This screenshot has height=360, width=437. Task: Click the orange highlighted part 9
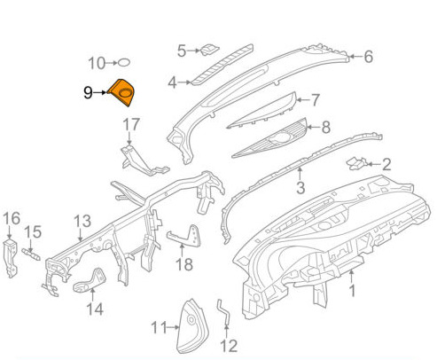pos(121,93)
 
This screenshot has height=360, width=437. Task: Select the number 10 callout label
pos(97,63)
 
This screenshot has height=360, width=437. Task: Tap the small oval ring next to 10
pos(124,63)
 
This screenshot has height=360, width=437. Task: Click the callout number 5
pos(182,51)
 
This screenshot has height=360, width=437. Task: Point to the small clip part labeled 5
pos(209,50)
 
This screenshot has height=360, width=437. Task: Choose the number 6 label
pos(368,57)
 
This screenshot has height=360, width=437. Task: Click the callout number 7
pos(316,100)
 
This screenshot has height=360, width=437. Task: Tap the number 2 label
pos(386,164)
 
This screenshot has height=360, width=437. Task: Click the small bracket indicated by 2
pos(357,163)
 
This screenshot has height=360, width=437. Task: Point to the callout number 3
pos(300,187)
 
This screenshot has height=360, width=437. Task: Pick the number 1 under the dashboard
pos(352,290)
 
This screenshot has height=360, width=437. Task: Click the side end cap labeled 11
pos(192,326)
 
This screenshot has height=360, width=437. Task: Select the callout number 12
pos(229,346)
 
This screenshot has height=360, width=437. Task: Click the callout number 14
pos(95,309)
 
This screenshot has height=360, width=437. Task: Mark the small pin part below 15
pos(31,254)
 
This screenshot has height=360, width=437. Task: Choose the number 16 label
pos(12,218)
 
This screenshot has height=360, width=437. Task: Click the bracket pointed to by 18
pos(184,236)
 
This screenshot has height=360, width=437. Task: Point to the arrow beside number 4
pos(185,82)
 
